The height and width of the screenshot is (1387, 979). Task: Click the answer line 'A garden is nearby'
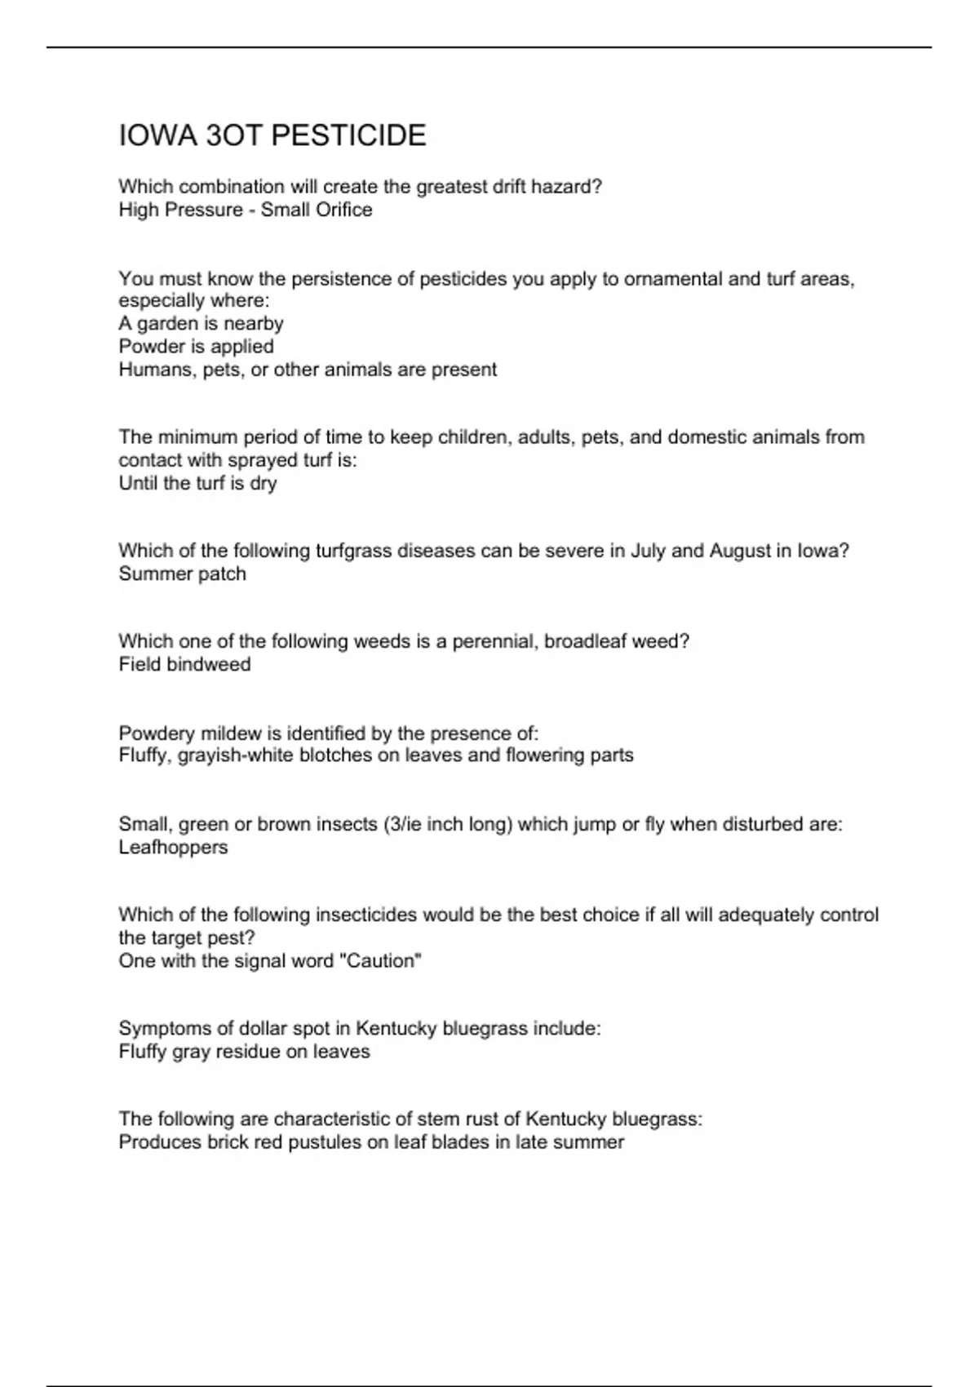(201, 324)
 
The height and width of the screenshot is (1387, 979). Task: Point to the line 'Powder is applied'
(196, 347)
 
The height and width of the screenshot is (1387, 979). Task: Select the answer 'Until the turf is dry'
(197, 483)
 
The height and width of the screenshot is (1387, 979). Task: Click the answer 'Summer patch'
(182, 574)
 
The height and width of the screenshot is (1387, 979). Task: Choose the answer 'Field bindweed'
(184, 664)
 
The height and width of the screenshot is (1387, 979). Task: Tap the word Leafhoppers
(173, 847)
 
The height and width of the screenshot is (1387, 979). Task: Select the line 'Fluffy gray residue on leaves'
(244, 1052)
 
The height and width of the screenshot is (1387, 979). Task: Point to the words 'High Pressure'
(180, 210)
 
